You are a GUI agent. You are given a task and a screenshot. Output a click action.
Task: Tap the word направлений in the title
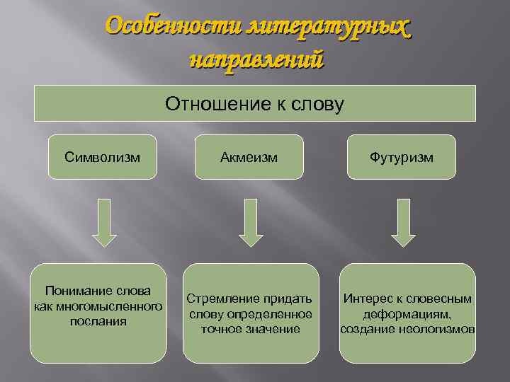[x=256, y=58]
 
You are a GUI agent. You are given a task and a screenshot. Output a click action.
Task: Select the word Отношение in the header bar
[x=211, y=105]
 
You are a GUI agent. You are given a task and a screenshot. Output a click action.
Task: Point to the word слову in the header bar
[x=319, y=105]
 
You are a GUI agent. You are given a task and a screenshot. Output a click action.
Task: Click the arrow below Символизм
[x=105, y=222]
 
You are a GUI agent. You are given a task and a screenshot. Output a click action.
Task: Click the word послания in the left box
[x=98, y=320]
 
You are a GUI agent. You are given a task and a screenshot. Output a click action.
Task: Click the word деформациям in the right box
[x=407, y=313]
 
